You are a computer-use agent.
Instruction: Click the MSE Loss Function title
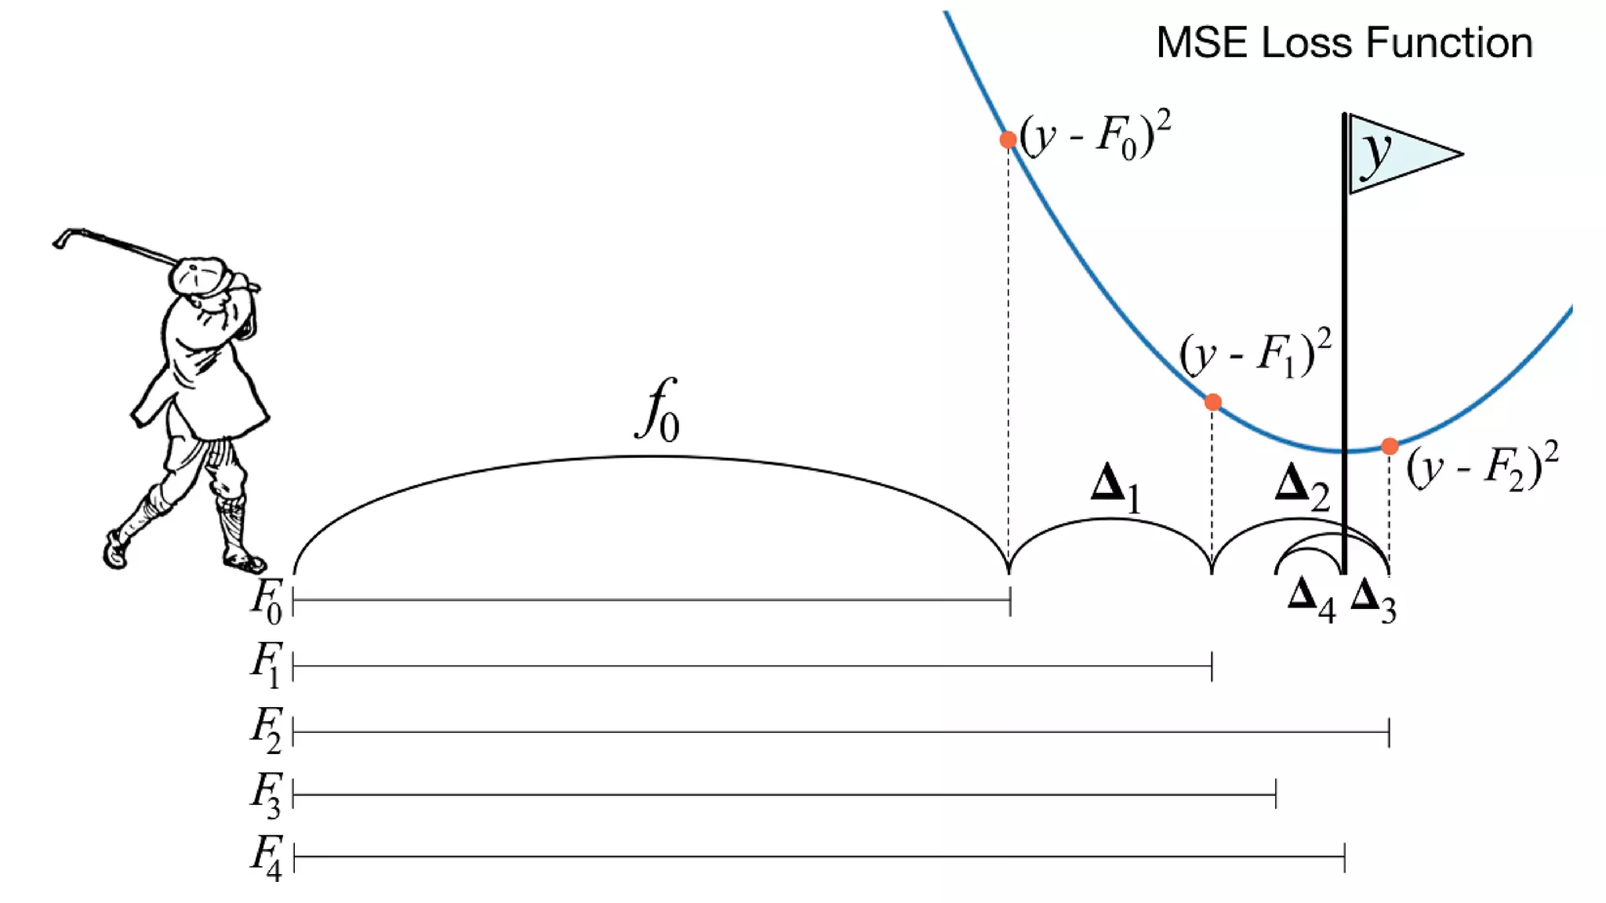[x=1344, y=42]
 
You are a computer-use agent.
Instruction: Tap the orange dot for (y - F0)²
[x=1008, y=140]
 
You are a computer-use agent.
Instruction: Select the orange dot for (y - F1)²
[x=1213, y=402]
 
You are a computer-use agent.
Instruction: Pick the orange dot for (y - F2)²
[x=1390, y=446]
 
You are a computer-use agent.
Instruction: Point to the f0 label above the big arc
[x=657, y=411]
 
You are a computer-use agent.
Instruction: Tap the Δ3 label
[x=1373, y=600]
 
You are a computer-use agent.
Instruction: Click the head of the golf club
[x=61, y=238]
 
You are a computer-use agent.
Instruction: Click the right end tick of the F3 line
[x=1276, y=794]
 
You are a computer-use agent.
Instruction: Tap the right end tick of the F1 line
[x=1212, y=665]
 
